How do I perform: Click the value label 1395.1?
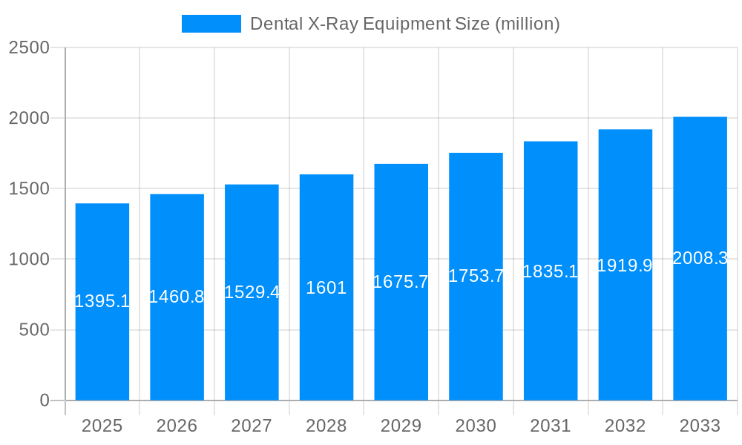102,301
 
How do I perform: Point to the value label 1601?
326,288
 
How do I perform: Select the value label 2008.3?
700,258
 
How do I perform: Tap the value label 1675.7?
401,282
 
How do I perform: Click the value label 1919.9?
625,266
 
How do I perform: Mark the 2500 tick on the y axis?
29,47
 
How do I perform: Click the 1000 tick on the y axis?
29,260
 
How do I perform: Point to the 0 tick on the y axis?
44,400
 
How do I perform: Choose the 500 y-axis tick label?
33,330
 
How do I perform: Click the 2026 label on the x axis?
177,426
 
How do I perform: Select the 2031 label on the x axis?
551,426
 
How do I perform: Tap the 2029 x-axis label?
401,426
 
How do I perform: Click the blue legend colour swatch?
211,24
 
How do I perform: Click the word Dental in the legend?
273,24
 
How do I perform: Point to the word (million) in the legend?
528,24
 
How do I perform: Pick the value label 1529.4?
252,292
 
